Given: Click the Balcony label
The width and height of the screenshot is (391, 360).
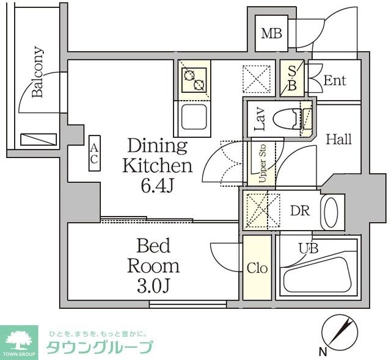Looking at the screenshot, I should pos(38,73).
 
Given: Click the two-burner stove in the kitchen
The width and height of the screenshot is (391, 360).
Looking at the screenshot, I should pos(195,80).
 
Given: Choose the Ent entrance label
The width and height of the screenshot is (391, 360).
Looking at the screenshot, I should pos(335,80).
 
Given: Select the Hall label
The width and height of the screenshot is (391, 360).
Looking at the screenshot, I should pos(338,140).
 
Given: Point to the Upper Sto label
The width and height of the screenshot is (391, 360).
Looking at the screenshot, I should pos(263,164).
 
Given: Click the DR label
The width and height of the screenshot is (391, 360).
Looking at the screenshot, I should pos(299,211).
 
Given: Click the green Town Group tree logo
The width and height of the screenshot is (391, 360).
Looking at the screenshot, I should pos(20,339).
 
